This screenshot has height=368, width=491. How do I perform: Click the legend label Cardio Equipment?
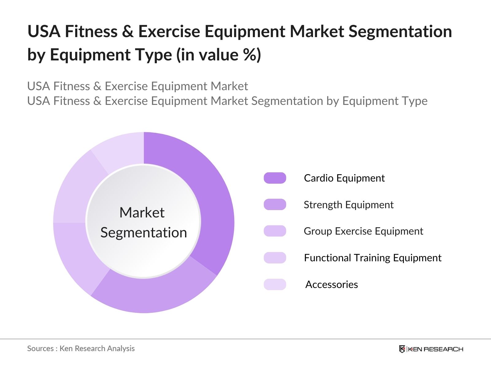344,178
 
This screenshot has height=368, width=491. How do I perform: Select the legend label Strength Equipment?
348,205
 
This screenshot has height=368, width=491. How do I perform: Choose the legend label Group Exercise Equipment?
363,231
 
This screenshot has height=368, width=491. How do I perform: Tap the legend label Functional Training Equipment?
373,258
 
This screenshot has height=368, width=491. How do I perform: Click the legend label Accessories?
331,285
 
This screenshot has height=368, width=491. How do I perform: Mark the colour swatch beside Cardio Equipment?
275,178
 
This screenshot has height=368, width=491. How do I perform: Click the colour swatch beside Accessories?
275,285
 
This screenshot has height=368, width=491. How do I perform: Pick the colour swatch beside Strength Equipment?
275,205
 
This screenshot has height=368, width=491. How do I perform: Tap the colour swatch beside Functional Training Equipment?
275,258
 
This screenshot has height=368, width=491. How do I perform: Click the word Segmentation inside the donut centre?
144,233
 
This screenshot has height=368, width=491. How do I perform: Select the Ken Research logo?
431,349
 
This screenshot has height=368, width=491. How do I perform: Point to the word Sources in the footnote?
40,349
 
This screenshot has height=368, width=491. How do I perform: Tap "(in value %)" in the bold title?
218,55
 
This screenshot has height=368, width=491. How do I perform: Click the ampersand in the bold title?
128,32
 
